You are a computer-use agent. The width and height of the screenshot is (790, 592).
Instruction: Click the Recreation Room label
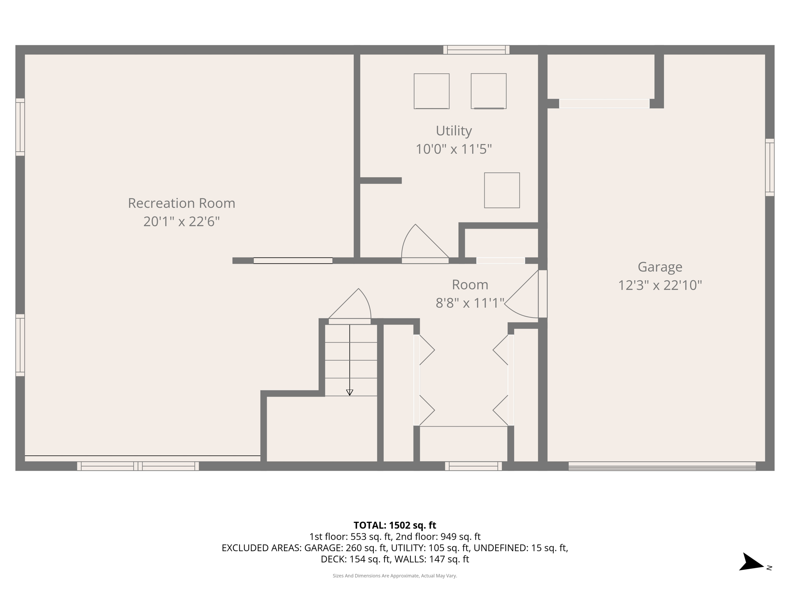click(x=181, y=203)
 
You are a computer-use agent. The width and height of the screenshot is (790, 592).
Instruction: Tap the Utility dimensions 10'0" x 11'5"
click(x=454, y=149)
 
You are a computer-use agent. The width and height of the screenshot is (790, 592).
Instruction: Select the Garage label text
click(x=660, y=267)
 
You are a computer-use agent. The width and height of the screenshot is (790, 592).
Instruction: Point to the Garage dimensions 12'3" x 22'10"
click(x=660, y=285)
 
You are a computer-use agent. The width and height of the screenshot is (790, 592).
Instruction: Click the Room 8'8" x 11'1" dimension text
click(x=470, y=303)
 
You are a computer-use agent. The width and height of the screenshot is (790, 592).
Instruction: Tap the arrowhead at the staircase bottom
click(x=349, y=393)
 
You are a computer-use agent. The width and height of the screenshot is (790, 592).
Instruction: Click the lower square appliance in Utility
click(x=502, y=190)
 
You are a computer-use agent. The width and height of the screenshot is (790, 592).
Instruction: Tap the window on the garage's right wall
click(x=770, y=167)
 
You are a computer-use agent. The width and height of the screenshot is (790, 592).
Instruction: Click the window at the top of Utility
click(x=476, y=50)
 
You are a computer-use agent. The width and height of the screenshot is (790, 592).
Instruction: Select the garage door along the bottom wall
click(x=662, y=466)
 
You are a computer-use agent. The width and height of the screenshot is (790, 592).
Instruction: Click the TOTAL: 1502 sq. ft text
click(x=395, y=525)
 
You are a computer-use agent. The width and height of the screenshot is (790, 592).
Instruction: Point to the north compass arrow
click(x=751, y=563)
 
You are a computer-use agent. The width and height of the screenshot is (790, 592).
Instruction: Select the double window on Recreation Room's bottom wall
click(x=138, y=466)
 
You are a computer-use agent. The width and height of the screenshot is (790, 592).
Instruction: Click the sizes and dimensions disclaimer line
click(x=395, y=576)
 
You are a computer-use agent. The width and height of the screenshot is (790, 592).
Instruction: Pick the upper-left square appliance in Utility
click(x=431, y=91)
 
